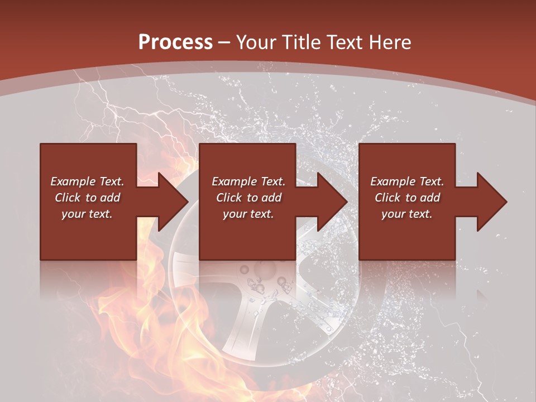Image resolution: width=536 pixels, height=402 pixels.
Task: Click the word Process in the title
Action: [175, 42]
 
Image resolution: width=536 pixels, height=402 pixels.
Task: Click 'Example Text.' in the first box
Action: [87, 181]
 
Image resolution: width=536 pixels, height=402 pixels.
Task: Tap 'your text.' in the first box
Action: [87, 214]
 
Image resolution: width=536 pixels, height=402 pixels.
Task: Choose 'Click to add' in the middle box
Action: [248, 198]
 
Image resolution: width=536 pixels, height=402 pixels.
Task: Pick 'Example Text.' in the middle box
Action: [248, 181]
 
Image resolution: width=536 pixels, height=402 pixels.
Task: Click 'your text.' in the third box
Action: [407, 214]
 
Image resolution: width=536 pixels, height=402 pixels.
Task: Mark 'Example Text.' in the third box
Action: [407, 181]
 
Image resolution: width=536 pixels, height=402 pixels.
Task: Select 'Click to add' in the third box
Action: [407, 198]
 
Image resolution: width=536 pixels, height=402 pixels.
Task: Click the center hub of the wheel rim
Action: [262, 279]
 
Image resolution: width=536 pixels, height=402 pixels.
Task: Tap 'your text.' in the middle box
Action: [248, 214]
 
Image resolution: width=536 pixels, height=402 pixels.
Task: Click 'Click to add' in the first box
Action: [87, 198]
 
